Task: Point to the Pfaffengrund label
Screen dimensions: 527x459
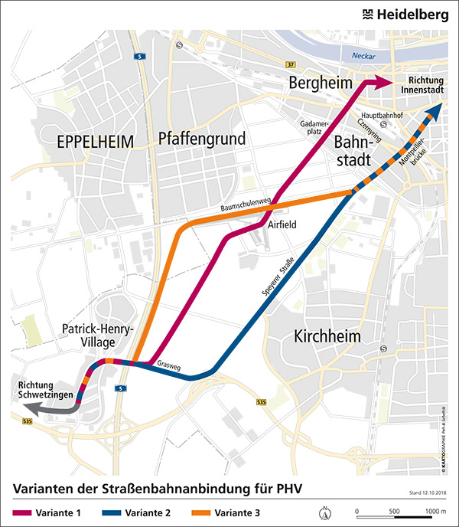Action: (202, 139)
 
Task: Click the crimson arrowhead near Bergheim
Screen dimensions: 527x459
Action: (380, 82)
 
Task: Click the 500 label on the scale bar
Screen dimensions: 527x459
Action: (395, 509)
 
